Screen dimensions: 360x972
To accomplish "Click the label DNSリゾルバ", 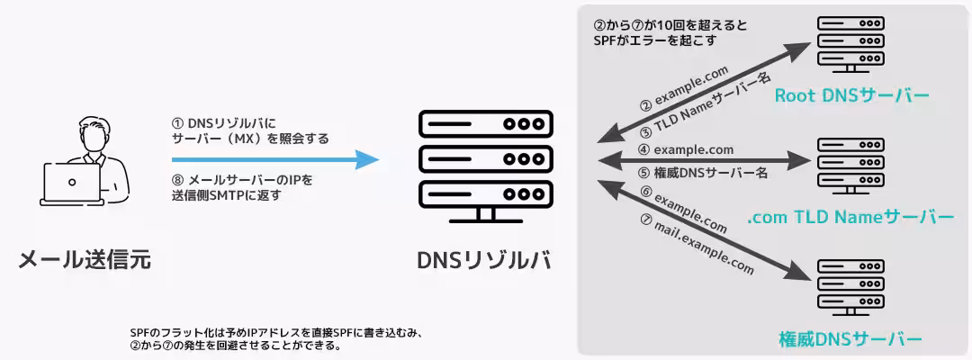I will (483, 260).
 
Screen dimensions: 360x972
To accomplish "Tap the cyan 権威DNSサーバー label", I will (850, 339).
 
